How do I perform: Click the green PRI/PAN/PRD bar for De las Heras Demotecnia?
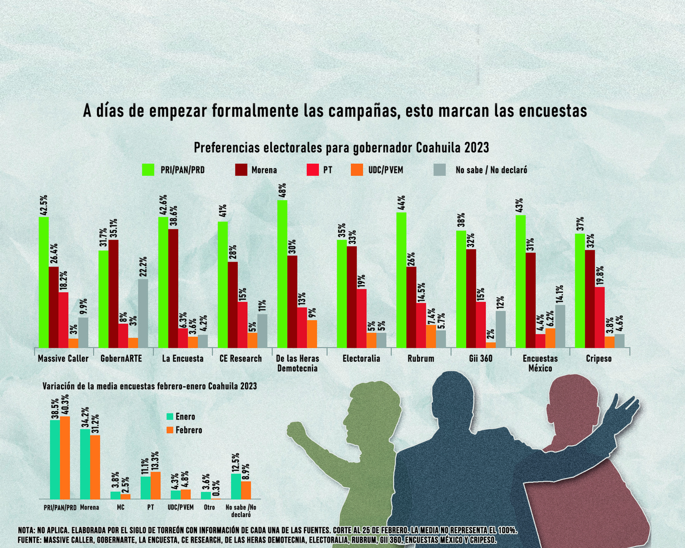coord(282,273)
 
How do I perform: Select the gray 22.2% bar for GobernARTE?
coord(143,313)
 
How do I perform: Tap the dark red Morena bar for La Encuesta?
coord(173,288)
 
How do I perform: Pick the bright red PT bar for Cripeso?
coord(599,317)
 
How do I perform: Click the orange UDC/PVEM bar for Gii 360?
coord(491,345)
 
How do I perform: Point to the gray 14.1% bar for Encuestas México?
coord(560,326)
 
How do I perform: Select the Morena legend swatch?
coord(241,170)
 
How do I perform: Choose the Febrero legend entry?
coord(184,430)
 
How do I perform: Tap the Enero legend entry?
coord(181,416)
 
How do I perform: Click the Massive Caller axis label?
coord(63,359)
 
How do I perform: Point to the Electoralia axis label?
coord(361,359)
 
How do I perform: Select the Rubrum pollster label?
coord(421,359)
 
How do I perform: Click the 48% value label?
coord(283,190)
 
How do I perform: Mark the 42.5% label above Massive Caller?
coord(44,205)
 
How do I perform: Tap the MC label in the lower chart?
coord(120,507)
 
